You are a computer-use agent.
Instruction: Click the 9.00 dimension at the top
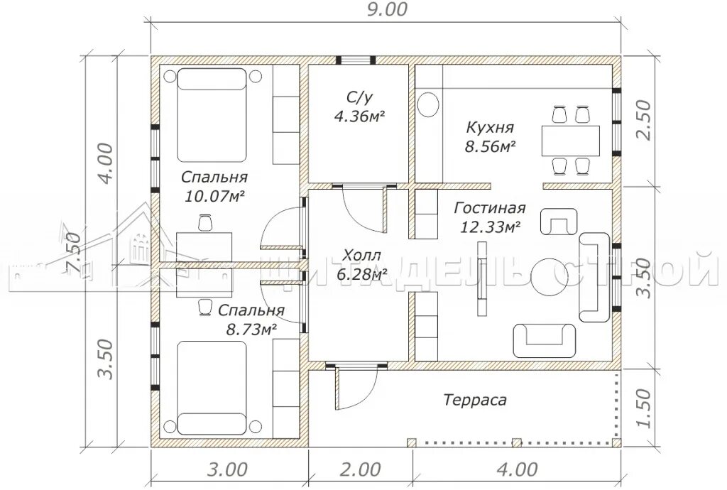[x=387, y=9]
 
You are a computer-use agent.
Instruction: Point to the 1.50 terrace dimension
[x=643, y=408]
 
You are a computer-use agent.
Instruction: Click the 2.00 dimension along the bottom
[x=360, y=469]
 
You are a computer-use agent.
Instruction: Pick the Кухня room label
[x=490, y=127]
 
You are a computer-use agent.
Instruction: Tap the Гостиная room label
[x=490, y=207]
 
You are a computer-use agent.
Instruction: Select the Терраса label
[x=475, y=400]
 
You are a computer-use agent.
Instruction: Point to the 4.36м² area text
[x=360, y=116]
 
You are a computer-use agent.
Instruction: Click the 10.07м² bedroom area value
[x=214, y=197]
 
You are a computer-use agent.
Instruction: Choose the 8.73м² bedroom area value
[x=251, y=330]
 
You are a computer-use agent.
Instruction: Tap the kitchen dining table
[x=570, y=141]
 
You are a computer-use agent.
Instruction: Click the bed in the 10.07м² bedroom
[x=212, y=114]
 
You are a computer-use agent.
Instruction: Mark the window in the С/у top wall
[x=356, y=60]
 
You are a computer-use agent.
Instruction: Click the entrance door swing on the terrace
[x=357, y=388]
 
